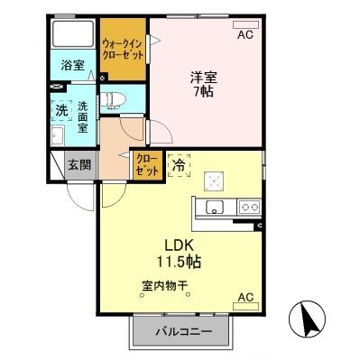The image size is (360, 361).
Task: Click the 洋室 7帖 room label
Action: tap(204, 85)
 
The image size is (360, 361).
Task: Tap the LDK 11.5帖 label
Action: tap(178, 254)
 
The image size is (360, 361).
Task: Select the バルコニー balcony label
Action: tap(183, 332)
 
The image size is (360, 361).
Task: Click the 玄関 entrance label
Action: tap(79, 165)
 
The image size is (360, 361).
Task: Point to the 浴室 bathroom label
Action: tap(73, 65)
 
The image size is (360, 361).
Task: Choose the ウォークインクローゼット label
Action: tap(123, 50)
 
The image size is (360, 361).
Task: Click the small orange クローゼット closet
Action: tap(147, 165)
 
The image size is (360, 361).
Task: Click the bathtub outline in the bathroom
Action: tap(73, 33)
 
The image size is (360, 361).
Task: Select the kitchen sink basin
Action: tap(215, 207)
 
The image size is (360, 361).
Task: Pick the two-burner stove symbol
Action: tap(249, 207)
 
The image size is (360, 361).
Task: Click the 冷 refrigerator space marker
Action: tap(180, 165)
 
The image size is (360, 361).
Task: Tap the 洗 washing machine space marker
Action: tap(62, 111)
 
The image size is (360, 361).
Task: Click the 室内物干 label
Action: tap(165, 285)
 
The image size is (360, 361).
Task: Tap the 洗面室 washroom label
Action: tap(83, 116)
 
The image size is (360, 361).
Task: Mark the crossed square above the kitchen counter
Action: tap(214, 181)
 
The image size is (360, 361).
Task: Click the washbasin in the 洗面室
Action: tap(58, 135)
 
